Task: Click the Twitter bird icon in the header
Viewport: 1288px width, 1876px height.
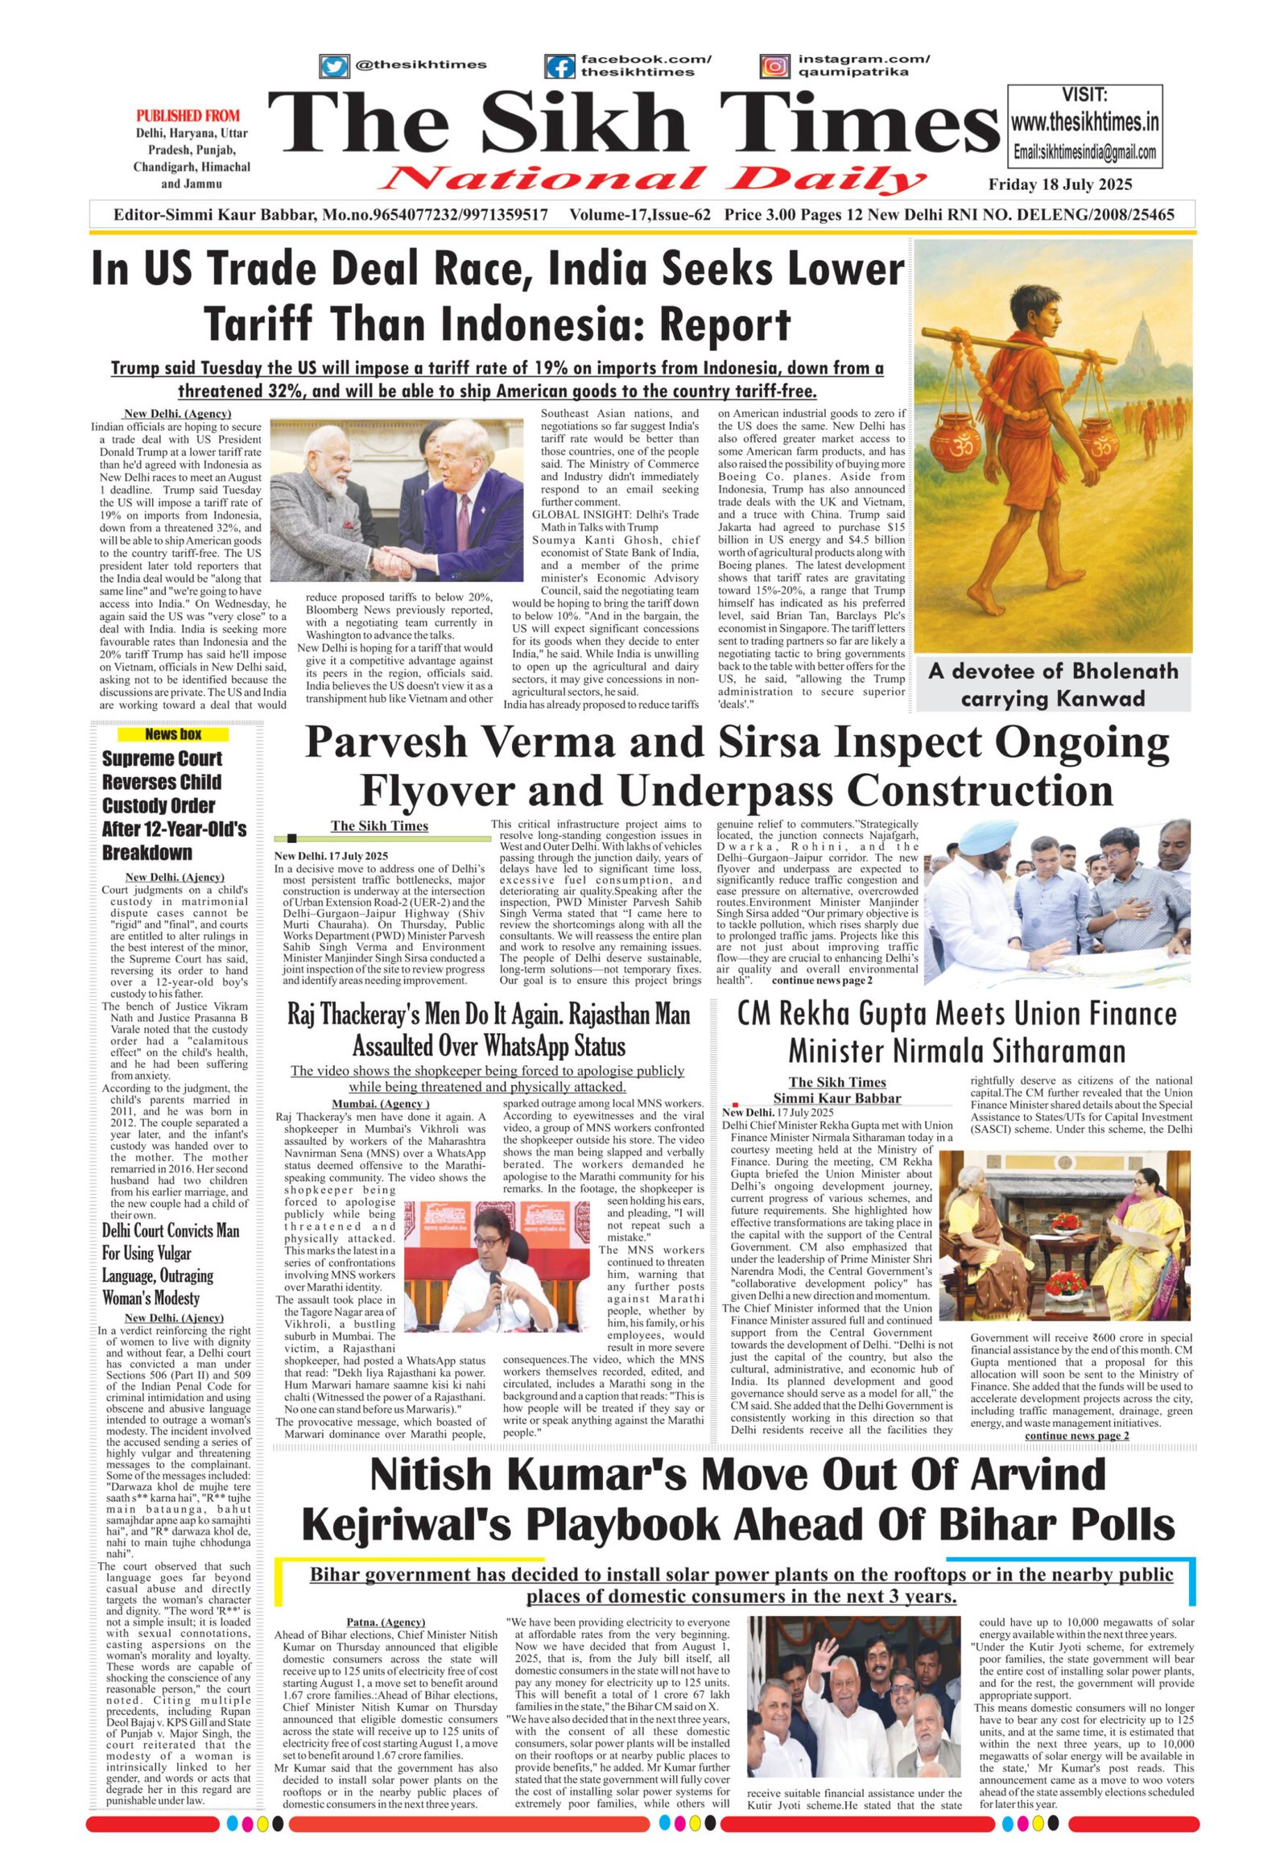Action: point(333,66)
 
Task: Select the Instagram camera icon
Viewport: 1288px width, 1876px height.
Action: point(775,66)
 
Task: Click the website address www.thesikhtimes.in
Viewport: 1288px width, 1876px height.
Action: point(1084,122)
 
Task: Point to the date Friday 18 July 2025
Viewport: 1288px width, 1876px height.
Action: point(1060,185)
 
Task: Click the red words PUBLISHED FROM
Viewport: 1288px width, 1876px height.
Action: point(188,116)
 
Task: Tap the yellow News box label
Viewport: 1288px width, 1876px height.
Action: point(173,734)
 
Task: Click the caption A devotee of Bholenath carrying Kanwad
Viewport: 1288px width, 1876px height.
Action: point(1052,684)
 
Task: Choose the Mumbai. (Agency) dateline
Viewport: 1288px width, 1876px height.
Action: point(381,1105)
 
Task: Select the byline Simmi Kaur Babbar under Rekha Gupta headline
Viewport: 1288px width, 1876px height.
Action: point(837,1098)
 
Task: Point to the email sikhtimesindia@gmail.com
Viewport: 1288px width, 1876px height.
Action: point(1084,152)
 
